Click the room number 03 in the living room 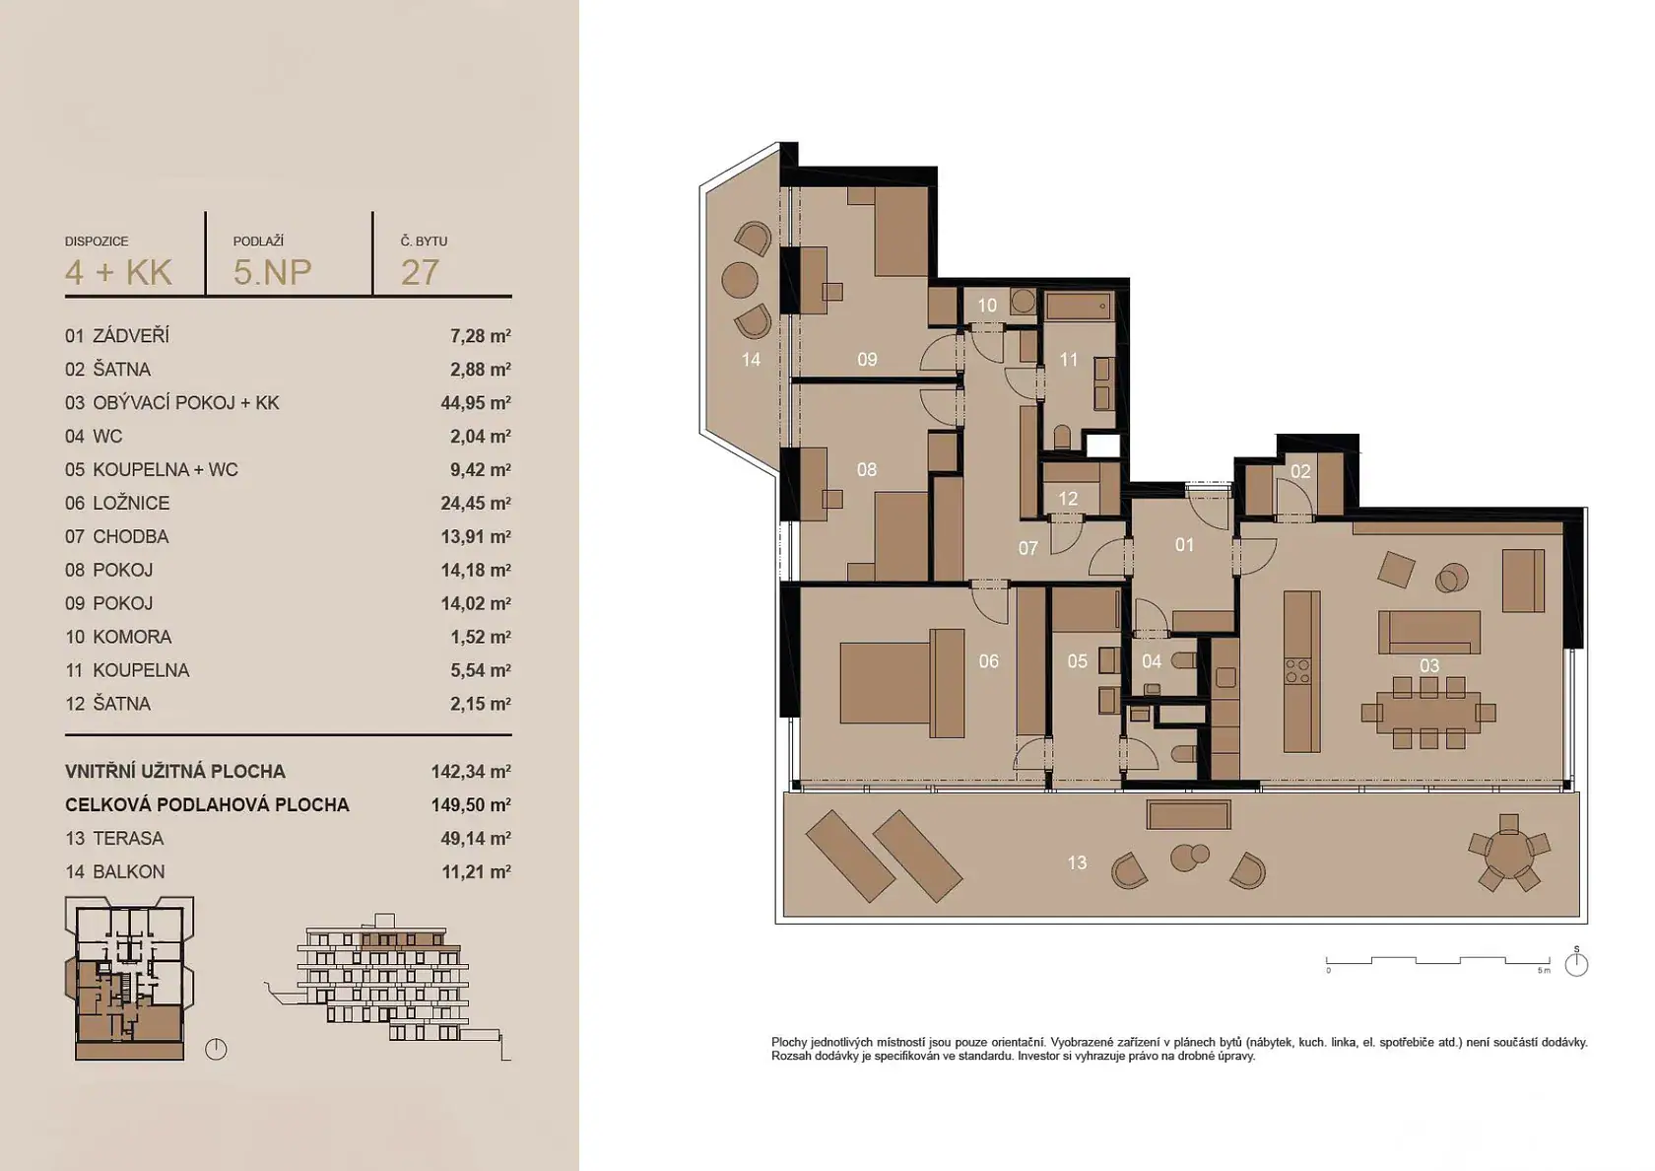(x=1428, y=665)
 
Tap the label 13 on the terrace (x=1077, y=861)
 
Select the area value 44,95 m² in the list (x=476, y=403)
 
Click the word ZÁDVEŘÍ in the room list (x=131, y=335)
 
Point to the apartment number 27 (x=420, y=272)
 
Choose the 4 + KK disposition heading (x=118, y=272)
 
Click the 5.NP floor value (x=272, y=272)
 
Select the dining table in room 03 (x=1428, y=713)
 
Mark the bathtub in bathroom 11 (x=1080, y=306)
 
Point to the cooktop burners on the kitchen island (x=1298, y=671)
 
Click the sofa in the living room (x=1428, y=632)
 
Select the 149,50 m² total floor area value (x=471, y=804)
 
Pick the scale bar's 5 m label (x=1544, y=971)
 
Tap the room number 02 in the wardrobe (x=1299, y=471)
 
